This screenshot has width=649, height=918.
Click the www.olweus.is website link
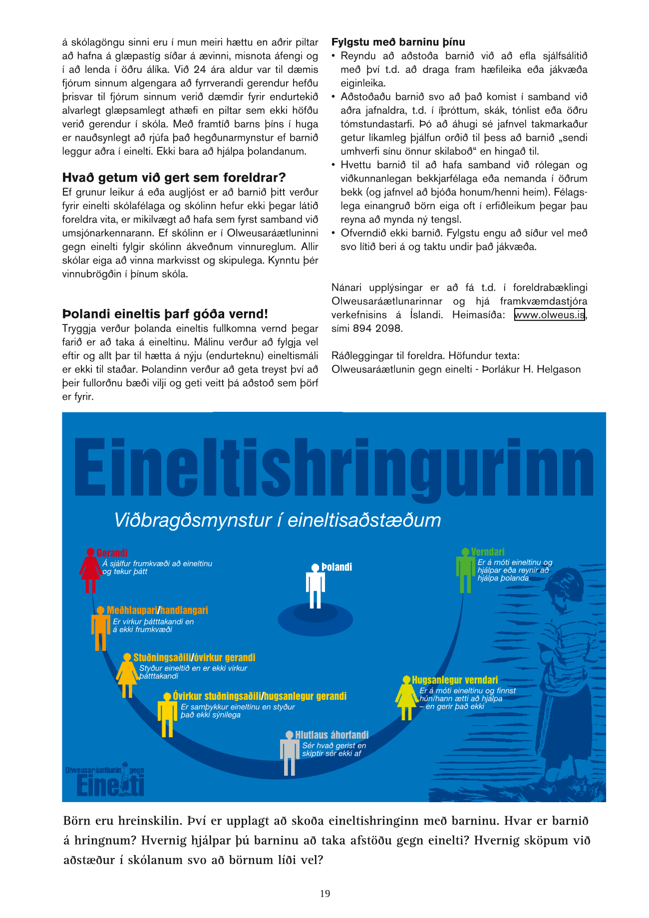point(549,315)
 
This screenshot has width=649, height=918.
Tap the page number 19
point(325,894)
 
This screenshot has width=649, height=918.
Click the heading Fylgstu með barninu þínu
point(398,42)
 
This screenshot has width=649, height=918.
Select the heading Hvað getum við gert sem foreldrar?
point(174,178)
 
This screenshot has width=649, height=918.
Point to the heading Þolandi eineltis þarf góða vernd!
point(165,314)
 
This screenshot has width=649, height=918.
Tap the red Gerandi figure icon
point(90,570)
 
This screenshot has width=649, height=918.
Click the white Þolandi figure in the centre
point(316,586)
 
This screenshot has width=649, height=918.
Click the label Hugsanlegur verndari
point(455,680)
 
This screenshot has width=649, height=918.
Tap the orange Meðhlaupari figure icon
point(100,628)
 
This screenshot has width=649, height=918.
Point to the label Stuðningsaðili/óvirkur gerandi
point(194,657)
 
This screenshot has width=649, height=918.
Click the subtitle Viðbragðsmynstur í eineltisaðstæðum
point(278,520)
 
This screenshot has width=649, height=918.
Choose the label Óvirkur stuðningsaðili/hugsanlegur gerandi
point(260,696)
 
